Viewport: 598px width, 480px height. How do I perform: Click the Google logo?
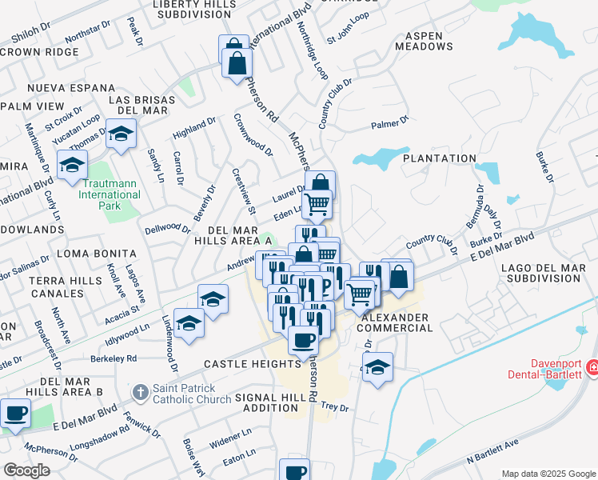(x=26, y=470)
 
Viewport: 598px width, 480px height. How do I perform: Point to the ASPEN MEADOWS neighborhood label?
(x=429, y=41)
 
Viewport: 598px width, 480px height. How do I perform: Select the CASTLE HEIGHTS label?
(x=251, y=364)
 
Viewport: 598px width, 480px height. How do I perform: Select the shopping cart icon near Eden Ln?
(x=317, y=204)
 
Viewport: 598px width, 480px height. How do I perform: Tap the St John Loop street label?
(x=348, y=38)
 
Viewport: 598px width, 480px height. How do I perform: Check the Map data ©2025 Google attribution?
(x=548, y=474)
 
